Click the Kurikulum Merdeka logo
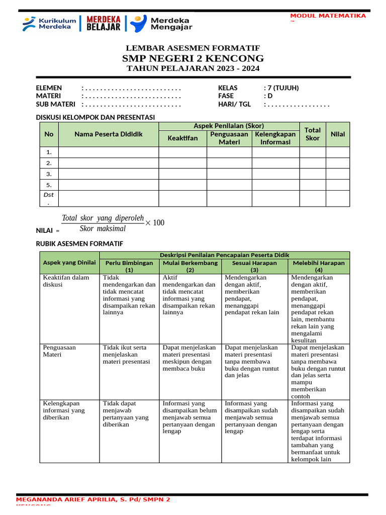click(49, 23)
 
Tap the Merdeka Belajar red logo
click(104, 23)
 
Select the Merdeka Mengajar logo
click(161, 23)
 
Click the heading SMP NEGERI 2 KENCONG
click(193, 58)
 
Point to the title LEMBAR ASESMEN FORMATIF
click(193, 48)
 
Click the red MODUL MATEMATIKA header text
click(328, 16)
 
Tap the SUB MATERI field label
click(55, 105)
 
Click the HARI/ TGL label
click(234, 105)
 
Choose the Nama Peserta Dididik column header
click(109, 134)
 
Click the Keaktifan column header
click(182, 138)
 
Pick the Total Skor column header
click(312, 134)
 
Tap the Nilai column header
click(337, 134)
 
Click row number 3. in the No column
click(49, 174)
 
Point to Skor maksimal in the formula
click(103, 229)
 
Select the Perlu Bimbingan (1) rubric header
click(129, 266)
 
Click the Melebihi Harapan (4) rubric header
click(319, 266)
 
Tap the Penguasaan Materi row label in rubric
click(59, 351)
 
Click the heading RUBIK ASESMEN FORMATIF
click(79, 244)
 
